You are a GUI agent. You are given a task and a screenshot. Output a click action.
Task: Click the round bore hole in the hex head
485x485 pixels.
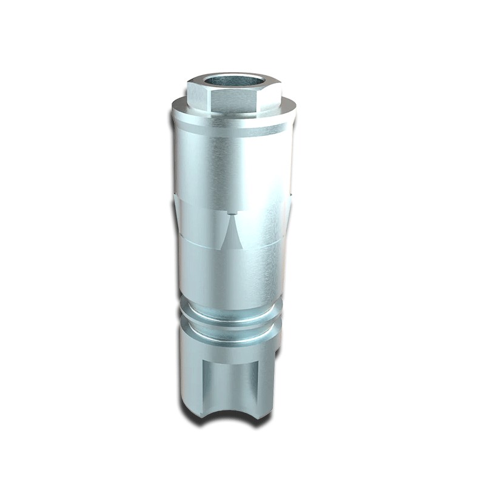pyautogui.click(x=234, y=81)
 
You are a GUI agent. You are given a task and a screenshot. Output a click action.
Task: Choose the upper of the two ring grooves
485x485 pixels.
pyautogui.click(x=233, y=311)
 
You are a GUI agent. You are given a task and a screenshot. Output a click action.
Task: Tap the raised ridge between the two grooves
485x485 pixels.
pyautogui.click(x=233, y=321)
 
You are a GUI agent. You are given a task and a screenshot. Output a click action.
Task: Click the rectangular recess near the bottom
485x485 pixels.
pyautogui.click(x=233, y=382)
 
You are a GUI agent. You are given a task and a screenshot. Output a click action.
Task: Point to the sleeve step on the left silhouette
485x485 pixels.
pyautogui.click(x=175, y=200)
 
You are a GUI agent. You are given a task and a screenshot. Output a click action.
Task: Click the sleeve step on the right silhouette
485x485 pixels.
pyautogui.click(x=290, y=200)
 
